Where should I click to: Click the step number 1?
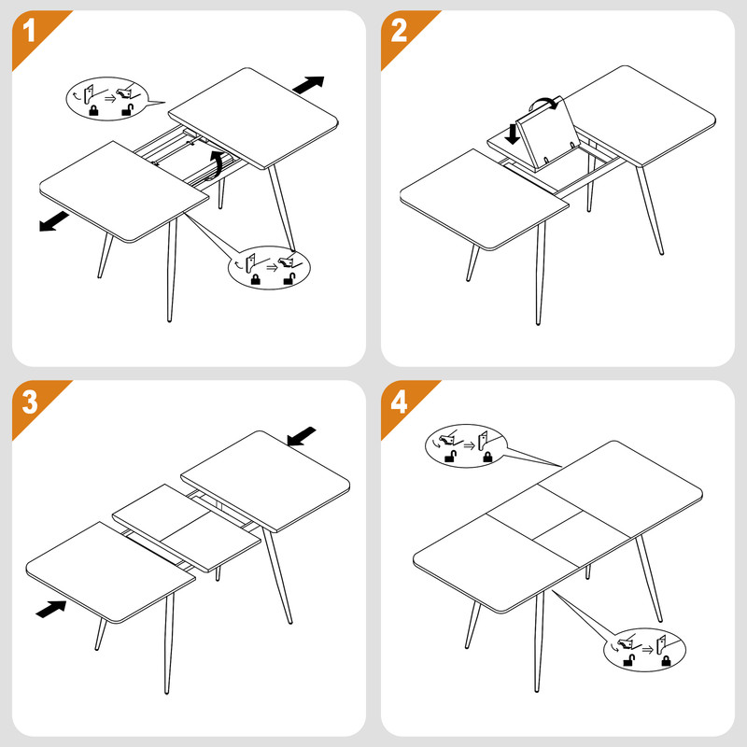pos(29,32)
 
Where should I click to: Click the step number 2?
pos(399,32)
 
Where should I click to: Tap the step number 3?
pos(30,402)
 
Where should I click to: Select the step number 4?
pos(399,402)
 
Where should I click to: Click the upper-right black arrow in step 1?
pos(308,84)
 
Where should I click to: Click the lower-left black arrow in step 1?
pos(54,222)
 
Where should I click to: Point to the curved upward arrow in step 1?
pos(216,165)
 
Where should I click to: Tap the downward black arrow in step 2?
pos(512,134)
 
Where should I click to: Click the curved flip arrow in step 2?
pos(543,103)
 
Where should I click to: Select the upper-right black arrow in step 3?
pos(302,436)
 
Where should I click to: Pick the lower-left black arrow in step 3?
pos(51,609)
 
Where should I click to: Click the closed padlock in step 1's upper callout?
pos(94,110)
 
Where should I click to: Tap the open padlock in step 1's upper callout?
pos(128,109)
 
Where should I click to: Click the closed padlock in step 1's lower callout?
pos(256,279)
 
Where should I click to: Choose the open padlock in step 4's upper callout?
pos(451,457)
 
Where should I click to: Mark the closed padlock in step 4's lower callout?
pos(666,660)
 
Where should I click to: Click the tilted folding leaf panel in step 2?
pos(547,134)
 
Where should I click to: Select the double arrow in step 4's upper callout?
pos(470,445)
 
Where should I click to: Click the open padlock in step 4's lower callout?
pos(629,660)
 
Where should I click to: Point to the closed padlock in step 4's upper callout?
pos(487,457)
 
